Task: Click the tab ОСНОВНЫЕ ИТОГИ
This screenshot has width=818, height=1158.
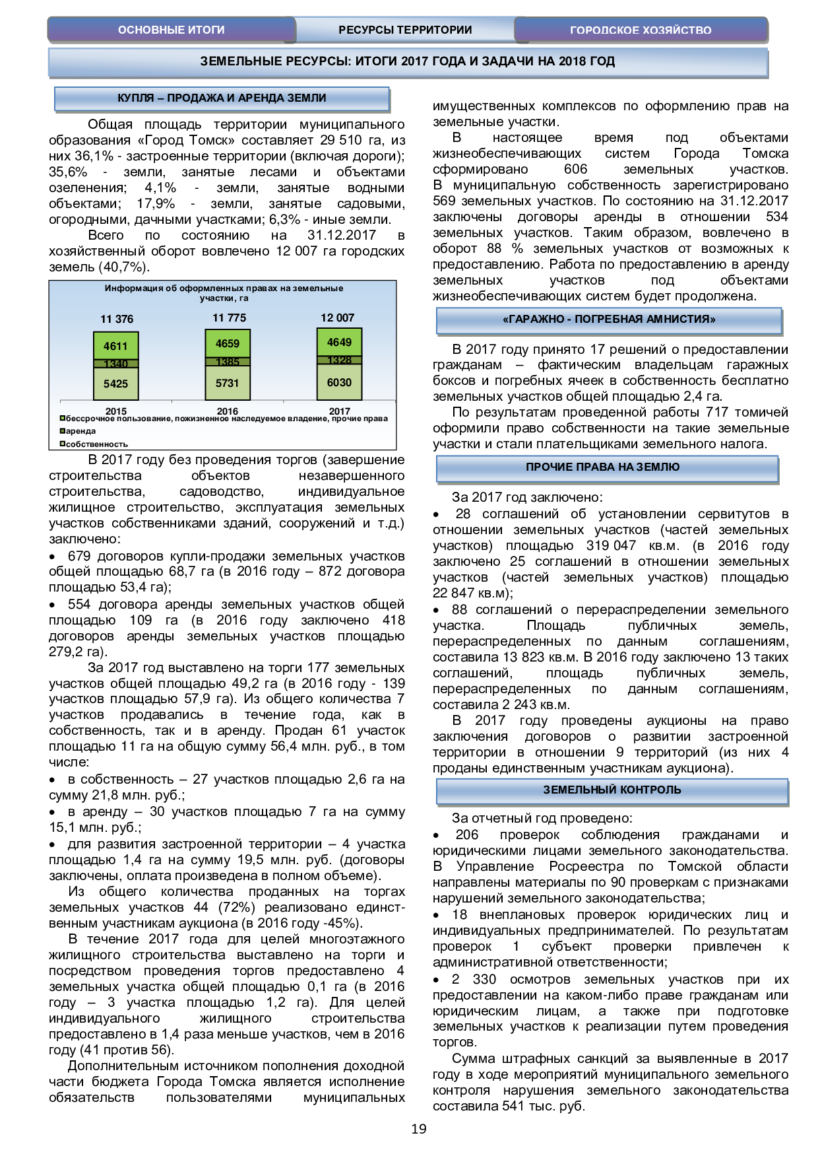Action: tap(171, 30)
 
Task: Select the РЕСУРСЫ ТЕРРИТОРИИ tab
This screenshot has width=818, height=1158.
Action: tap(405, 30)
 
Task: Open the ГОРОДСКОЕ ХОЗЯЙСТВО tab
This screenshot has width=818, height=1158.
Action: tap(641, 30)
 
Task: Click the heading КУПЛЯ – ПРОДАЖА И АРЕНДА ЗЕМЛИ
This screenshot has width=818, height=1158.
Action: tap(222, 98)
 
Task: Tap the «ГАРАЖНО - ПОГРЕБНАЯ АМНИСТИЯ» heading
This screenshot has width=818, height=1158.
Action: tap(609, 320)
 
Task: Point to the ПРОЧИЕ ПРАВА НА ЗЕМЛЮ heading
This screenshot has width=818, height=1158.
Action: tap(602, 467)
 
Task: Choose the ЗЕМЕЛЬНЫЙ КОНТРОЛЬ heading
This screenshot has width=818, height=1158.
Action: tap(612, 790)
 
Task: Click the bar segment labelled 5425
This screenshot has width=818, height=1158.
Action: tap(115, 384)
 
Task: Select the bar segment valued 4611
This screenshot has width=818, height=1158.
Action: tap(115, 346)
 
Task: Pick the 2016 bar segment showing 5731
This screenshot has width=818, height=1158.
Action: tap(228, 384)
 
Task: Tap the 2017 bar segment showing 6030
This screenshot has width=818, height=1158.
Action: tap(339, 383)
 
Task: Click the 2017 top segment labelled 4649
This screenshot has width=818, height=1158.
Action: tap(339, 343)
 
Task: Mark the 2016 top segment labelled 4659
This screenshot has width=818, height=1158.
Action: tap(228, 344)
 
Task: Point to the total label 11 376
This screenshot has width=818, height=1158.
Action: tap(117, 320)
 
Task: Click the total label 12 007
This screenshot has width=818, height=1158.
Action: tap(338, 318)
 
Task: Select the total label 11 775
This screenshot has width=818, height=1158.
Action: tap(229, 318)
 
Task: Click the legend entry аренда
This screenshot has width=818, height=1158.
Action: tap(80, 431)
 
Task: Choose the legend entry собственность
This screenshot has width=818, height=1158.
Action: tap(96, 444)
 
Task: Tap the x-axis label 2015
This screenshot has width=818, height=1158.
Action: tap(116, 411)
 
